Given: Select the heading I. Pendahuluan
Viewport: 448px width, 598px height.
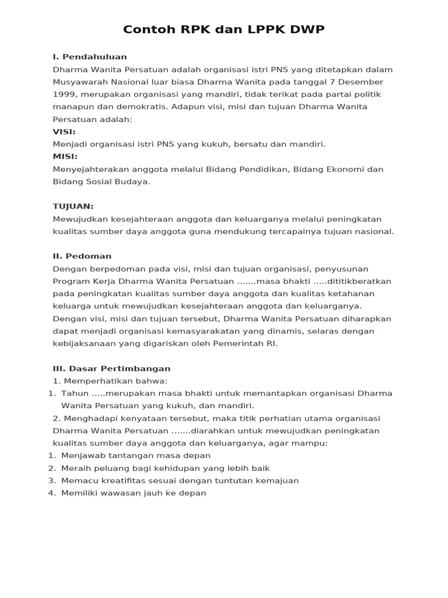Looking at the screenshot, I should [90, 57].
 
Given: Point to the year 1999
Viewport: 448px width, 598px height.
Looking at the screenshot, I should [64, 94].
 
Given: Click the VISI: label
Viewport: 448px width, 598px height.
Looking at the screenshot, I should [64, 131].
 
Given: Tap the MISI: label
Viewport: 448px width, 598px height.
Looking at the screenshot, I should [65, 157].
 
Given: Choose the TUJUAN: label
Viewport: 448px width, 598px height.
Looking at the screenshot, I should [73, 206].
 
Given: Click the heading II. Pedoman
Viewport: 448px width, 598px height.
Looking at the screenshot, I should [82, 256].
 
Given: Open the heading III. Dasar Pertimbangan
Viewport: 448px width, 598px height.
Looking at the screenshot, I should [111, 368].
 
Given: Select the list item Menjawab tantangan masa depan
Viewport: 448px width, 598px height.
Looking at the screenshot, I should [135, 456].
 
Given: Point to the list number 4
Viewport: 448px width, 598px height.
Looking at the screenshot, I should [51, 493].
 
